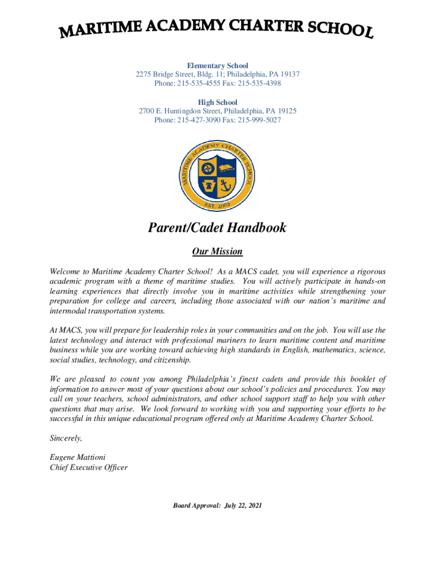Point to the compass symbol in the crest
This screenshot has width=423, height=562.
(x=207, y=167)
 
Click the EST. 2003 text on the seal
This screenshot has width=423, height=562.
(x=218, y=205)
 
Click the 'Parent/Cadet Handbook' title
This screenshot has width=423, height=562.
(x=217, y=228)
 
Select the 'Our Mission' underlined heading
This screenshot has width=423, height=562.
(x=217, y=252)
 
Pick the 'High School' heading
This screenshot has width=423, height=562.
(x=218, y=102)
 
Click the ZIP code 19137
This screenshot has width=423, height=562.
(x=289, y=75)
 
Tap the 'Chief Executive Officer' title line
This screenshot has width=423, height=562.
(x=88, y=468)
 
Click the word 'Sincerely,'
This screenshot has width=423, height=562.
(x=66, y=438)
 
